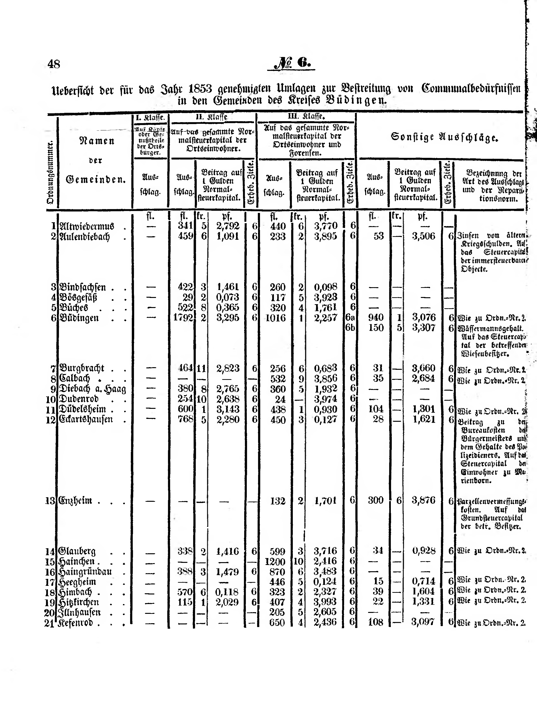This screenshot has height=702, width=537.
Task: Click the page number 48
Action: tap(54, 64)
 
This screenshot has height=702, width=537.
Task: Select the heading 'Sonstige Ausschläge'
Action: tap(444, 137)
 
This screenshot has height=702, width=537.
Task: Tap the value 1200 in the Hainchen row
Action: tap(275, 561)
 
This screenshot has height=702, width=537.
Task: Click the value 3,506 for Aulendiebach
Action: tap(423, 236)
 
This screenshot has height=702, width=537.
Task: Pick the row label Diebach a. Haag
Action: tap(93, 389)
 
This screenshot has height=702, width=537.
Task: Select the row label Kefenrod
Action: tap(75, 623)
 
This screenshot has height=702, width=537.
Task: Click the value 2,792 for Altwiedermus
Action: tap(228, 226)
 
